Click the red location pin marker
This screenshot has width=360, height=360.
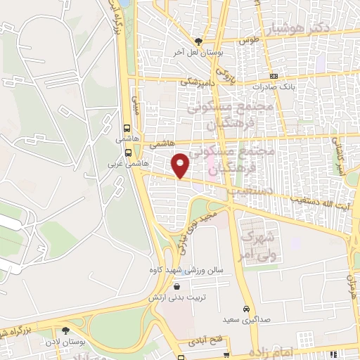click(181, 165)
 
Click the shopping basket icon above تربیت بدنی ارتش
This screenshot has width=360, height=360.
click(176, 286)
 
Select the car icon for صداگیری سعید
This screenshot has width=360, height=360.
click(245, 309)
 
